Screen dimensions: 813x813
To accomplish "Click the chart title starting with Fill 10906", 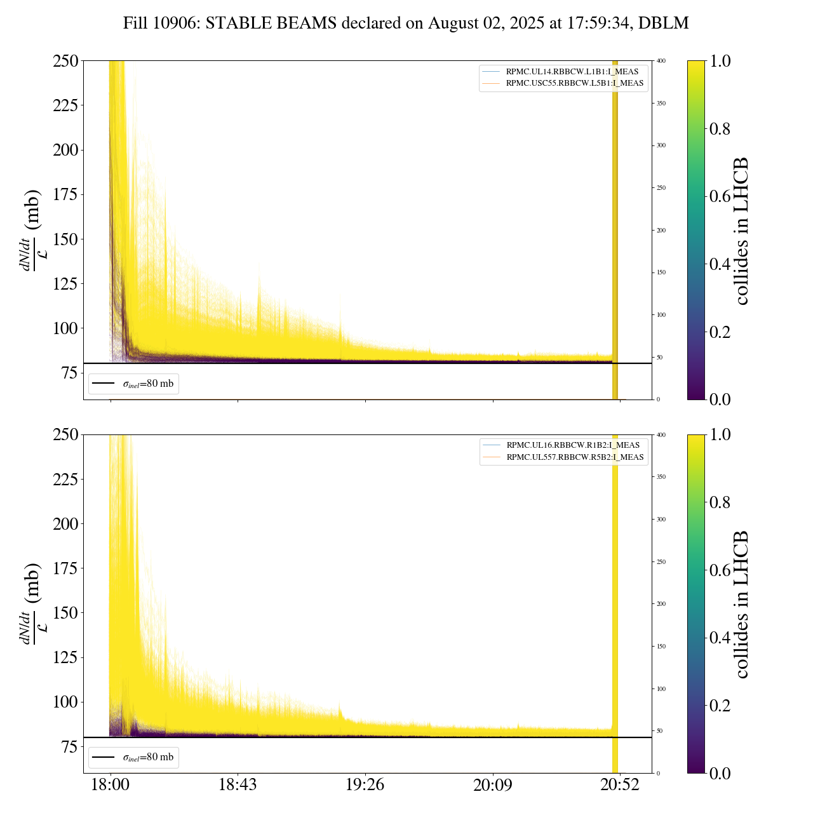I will click(x=406, y=24).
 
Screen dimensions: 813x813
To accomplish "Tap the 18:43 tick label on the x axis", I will click(x=238, y=785).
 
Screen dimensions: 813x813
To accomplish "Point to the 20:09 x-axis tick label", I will click(x=493, y=785).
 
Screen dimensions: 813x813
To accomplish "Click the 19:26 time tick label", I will click(x=365, y=785).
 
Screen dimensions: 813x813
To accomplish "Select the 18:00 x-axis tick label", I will click(x=110, y=785).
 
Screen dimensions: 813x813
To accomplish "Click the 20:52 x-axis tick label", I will click(x=620, y=785).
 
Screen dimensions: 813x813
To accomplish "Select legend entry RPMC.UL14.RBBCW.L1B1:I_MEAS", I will click(x=572, y=72).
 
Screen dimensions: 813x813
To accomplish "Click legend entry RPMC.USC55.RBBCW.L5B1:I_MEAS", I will click(x=574, y=83).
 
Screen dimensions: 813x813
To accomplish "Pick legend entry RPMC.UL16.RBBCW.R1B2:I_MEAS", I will click(x=572, y=445).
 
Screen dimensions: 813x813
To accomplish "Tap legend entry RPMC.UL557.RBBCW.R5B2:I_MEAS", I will click(x=575, y=457).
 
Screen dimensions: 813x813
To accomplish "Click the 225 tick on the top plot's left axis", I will click(x=65, y=105).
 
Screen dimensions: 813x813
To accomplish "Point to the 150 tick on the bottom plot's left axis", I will click(x=65, y=613).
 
